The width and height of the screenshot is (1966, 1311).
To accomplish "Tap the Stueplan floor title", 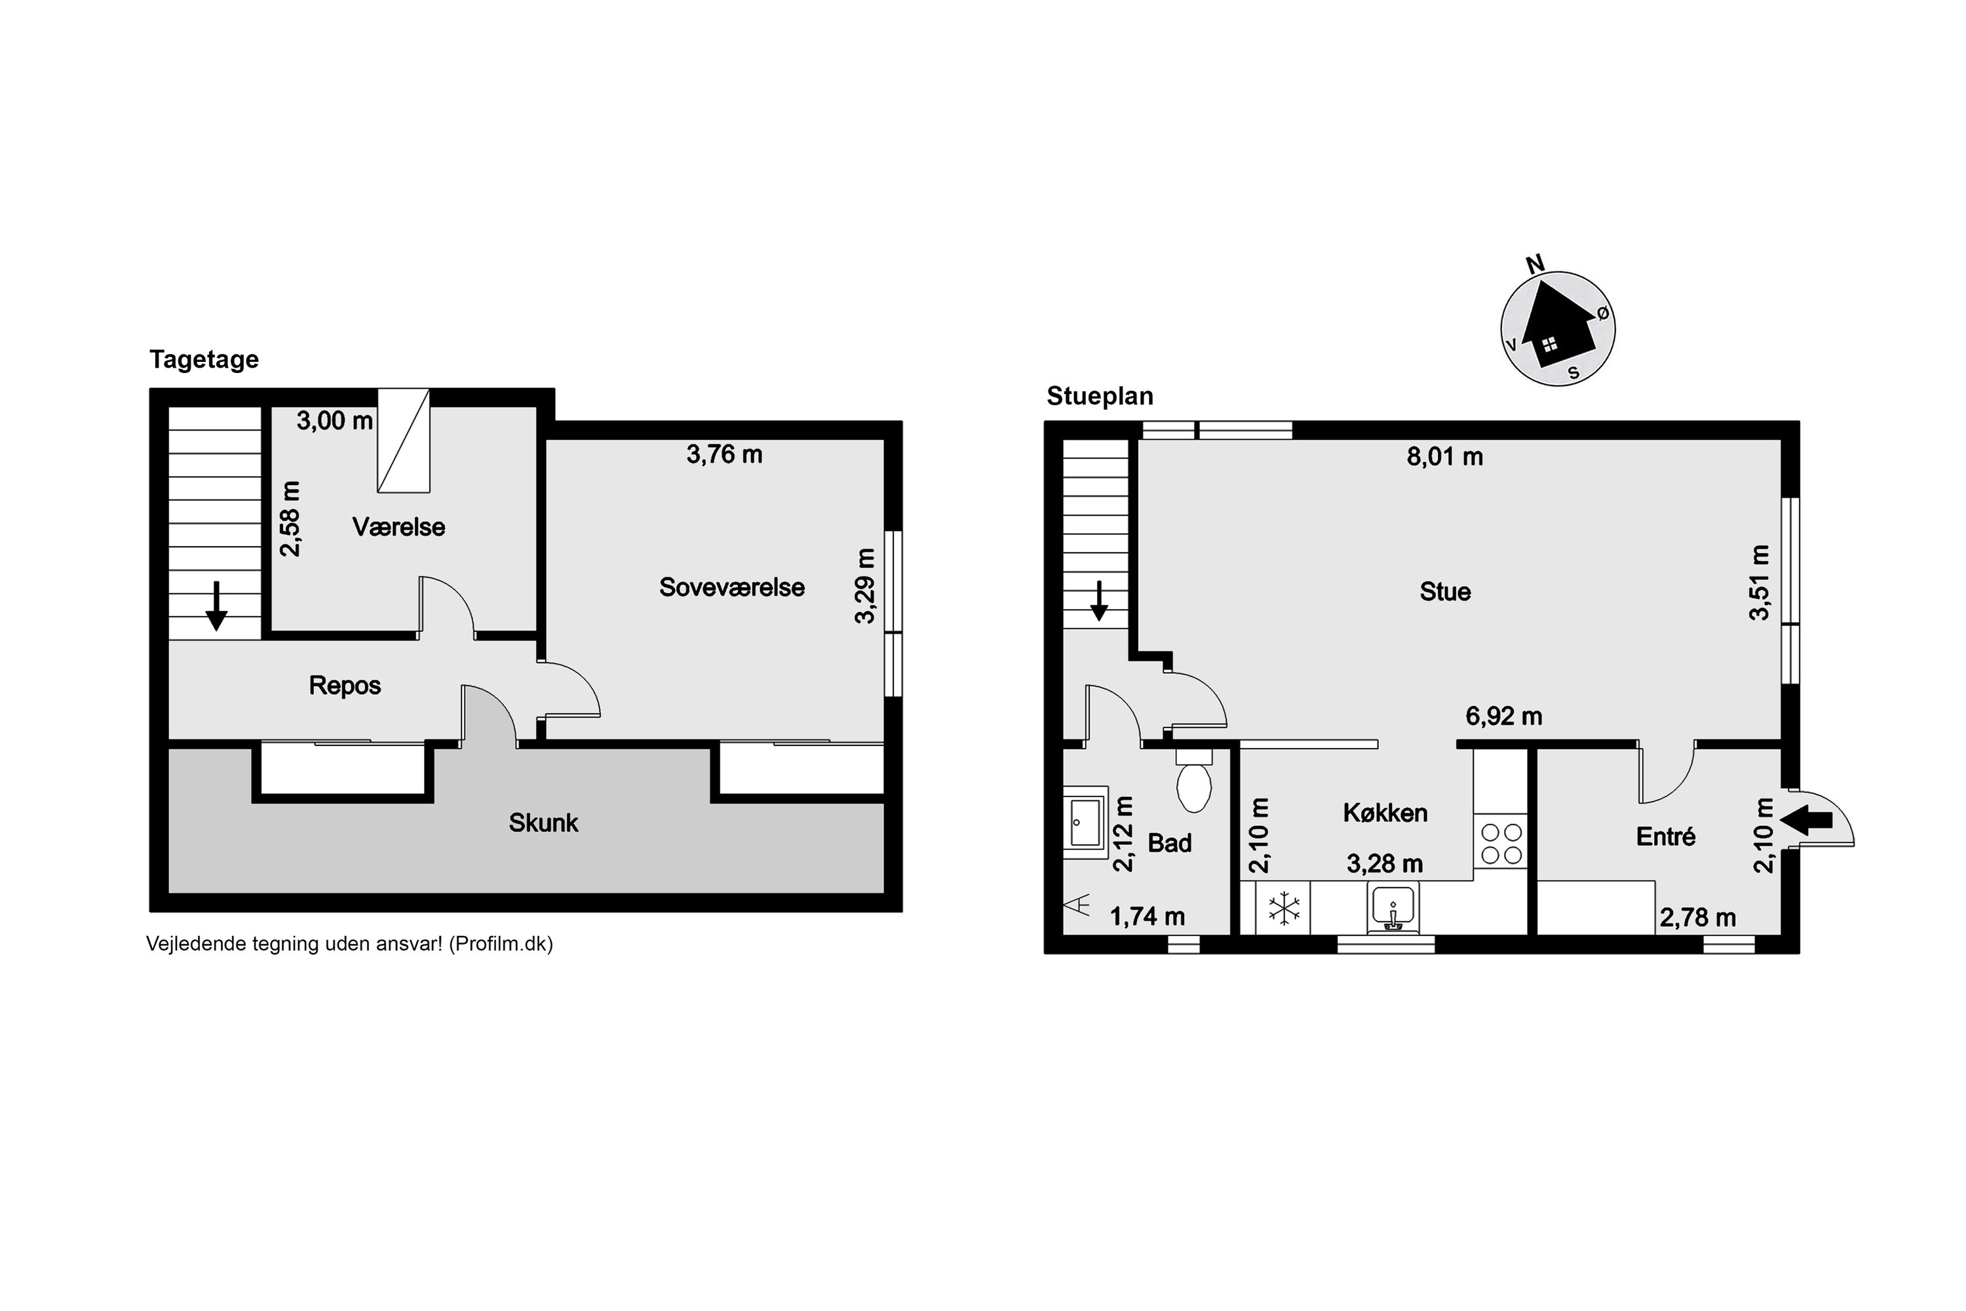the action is pos(1100,397).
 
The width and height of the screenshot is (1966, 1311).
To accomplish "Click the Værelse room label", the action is pos(398,527).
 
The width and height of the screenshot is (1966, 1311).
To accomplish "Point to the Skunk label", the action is pos(543,823).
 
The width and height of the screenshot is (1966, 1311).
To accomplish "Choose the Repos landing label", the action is pos(345,686).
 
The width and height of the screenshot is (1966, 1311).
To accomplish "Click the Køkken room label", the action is pos(1385,813).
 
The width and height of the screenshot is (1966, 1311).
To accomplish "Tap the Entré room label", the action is pos(1666,836).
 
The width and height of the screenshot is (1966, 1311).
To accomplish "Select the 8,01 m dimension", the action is pos(1444,456).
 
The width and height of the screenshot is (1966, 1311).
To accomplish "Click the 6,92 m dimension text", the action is pos(1504,716).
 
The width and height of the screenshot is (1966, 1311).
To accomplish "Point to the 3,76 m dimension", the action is pos(724,454).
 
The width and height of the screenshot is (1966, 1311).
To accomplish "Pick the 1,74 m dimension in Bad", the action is pos(1147,917).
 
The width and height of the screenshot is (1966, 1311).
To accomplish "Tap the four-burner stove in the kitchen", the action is pos(1501,843).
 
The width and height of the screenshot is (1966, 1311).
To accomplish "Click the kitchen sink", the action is pos(1392,909).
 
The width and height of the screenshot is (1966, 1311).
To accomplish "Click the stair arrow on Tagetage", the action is pos(216,606).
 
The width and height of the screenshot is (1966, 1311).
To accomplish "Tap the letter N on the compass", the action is pos(1535,265).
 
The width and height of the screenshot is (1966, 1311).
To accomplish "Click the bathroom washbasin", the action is pos(1085,823).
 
